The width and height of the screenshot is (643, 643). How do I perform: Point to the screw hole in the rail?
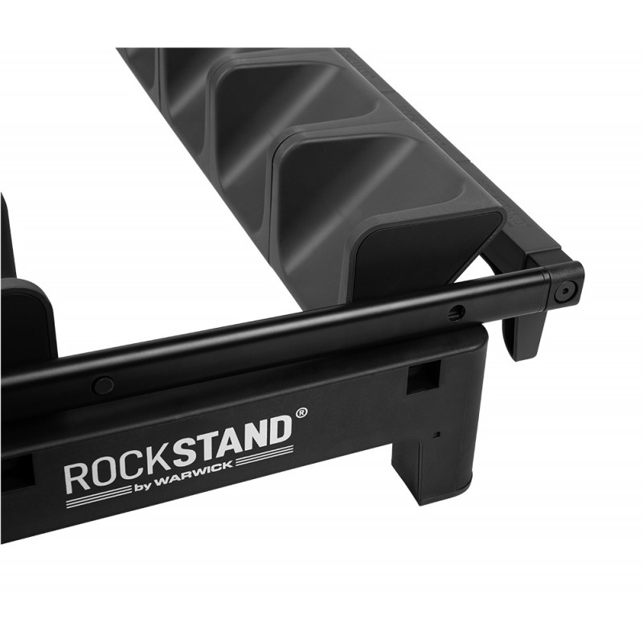(459, 311)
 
